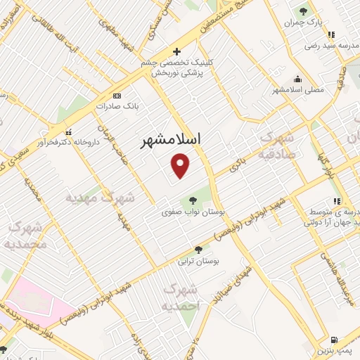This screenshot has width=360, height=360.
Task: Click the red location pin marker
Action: coord(181,165)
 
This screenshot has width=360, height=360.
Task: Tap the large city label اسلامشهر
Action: coord(171,139)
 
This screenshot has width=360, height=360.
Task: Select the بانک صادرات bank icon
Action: coord(117,96)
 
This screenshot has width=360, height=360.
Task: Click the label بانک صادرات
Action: coord(117,108)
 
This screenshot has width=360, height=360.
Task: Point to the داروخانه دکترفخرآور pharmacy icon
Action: coord(68,131)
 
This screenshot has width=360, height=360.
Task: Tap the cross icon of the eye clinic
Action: coord(176,51)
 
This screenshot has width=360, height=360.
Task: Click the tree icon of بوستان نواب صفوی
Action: coord(193,200)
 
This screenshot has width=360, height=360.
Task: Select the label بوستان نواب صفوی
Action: coord(187,211)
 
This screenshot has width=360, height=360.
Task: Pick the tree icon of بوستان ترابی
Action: coord(198,249)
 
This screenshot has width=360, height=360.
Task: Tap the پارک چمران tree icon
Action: coord(303,11)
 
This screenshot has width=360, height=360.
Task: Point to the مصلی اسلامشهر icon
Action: coord(298,79)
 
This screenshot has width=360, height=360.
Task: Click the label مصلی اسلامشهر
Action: coord(297,90)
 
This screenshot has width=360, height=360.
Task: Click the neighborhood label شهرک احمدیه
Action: coord(181,297)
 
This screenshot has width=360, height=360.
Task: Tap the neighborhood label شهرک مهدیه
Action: coord(101,198)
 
